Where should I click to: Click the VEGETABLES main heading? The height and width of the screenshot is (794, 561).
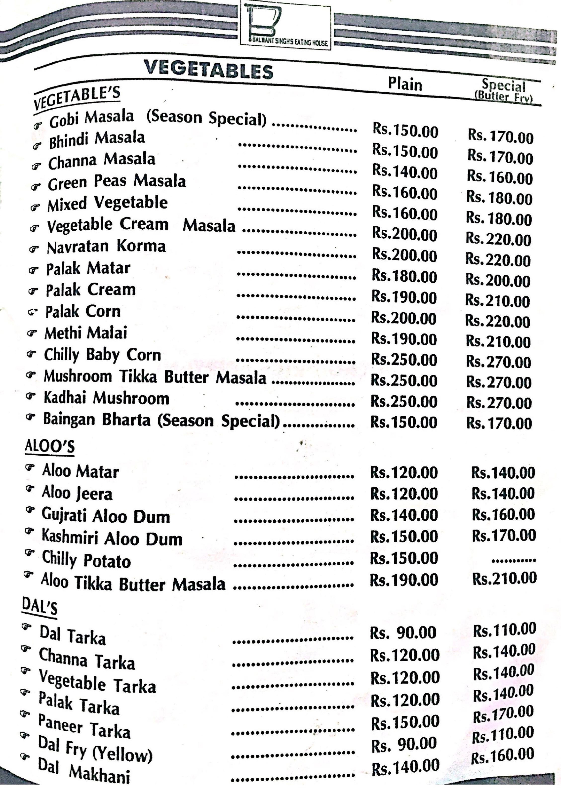coord(208,69)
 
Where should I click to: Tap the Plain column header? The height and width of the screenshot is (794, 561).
coord(405,84)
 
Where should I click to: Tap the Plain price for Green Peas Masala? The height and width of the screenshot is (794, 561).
coord(404,193)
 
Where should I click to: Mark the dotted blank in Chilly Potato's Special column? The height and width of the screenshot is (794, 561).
coord(514,560)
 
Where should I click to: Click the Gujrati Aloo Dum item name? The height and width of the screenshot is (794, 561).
coord(106,516)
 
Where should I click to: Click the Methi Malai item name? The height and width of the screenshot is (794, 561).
coord(86,333)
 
